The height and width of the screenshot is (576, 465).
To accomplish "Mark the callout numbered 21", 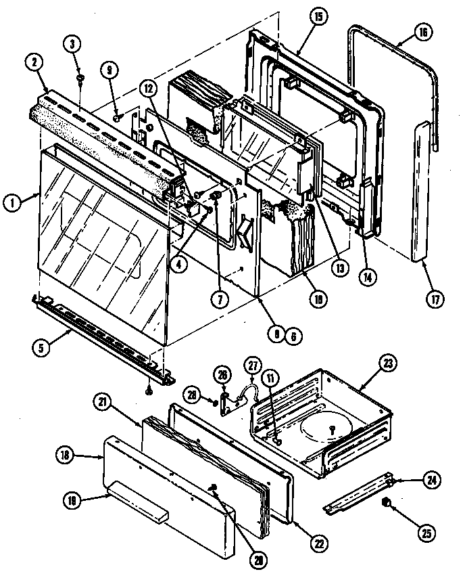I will coord(103,403).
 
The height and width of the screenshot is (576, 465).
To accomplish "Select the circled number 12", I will coord(149,87).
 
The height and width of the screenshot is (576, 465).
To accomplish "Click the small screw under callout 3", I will coord(80,79).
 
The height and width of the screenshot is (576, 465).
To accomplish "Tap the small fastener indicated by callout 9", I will coord(116,118).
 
